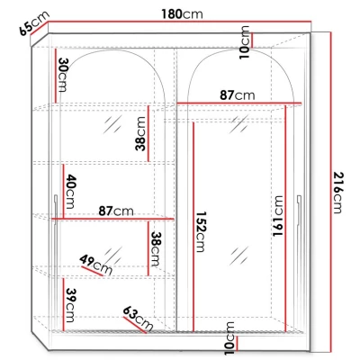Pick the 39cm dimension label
click(x=70, y=298)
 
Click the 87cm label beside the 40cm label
click(x=116, y=211)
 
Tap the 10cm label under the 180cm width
click(x=243, y=39)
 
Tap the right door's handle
click(x=299, y=207)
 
